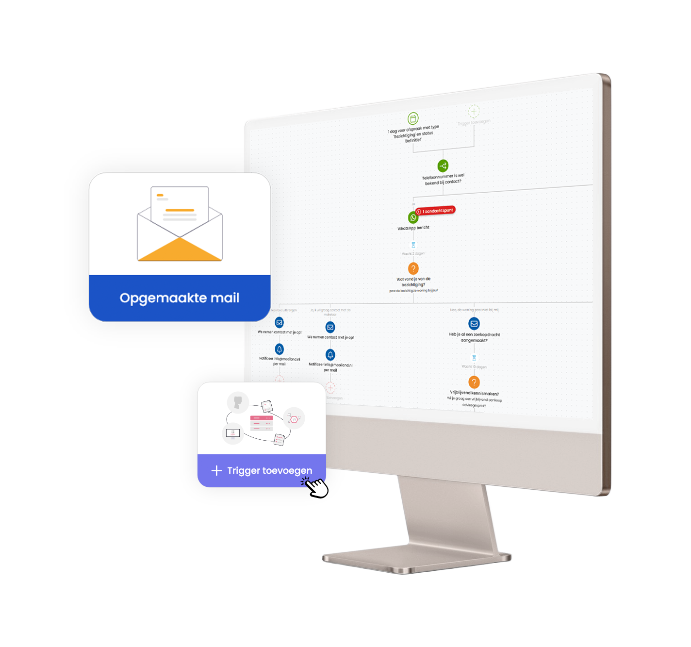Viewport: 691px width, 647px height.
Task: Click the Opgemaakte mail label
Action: click(180, 298)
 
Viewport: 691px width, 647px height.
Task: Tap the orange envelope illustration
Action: click(180, 224)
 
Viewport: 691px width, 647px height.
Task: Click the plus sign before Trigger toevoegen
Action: click(216, 470)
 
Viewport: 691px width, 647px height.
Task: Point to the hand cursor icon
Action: click(316, 486)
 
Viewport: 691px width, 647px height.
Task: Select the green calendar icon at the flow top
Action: click(413, 118)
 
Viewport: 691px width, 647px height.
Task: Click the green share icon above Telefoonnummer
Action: click(443, 166)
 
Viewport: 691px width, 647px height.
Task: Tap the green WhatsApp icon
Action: click(413, 217)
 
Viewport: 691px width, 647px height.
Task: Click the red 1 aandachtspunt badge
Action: click(435, 211)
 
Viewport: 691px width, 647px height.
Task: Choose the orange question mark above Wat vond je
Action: click(413, 268)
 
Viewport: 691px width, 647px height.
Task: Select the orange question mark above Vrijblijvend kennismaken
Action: click(474, 382)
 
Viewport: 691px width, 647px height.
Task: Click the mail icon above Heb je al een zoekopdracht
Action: click(474, 323)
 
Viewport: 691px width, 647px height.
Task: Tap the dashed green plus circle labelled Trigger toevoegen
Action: click(474, 112)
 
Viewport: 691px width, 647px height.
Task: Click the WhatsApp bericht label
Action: click(413, 228)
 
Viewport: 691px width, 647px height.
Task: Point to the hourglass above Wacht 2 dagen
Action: click(413, 245)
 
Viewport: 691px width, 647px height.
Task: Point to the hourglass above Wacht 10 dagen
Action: click(474, 358)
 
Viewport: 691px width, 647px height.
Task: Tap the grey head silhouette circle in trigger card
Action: click(238, 402)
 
